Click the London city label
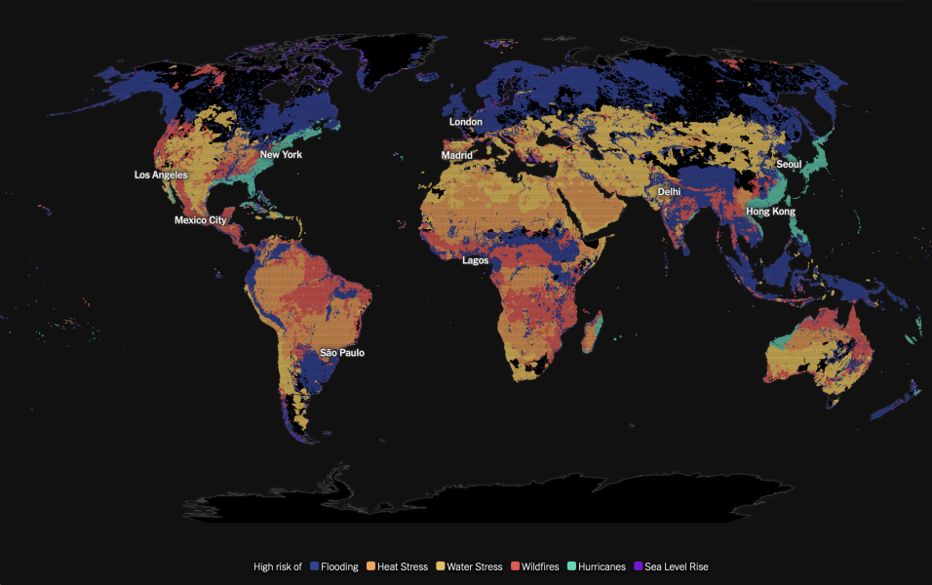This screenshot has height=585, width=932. [465, 122]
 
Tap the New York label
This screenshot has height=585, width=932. [281, 155]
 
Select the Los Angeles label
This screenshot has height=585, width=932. [161, 175]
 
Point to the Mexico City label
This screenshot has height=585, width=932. [200, 220]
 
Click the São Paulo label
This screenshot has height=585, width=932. [342, 353]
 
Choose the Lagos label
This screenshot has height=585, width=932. [476, 260]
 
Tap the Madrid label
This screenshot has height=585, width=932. [456, 155]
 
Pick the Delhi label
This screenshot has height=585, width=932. [669, 192]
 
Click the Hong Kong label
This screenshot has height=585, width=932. [770, 212]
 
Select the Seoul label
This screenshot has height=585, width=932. [789, 165]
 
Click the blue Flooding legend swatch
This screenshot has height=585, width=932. [315, 566]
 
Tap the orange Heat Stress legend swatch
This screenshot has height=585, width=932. [370, 566]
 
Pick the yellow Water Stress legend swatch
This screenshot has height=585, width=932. [440, 566]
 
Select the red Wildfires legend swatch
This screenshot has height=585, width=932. [515, 566]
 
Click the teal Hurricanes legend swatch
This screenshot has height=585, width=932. [572, 566]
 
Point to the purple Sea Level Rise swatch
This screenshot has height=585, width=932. [638, 566]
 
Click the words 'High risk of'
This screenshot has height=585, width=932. [278, 566]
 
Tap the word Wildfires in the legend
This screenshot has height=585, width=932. [541, 566]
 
